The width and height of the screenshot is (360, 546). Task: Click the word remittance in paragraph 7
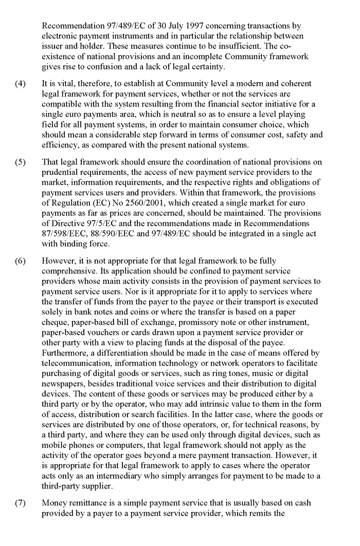pyautogui.click(x=88, y=503)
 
